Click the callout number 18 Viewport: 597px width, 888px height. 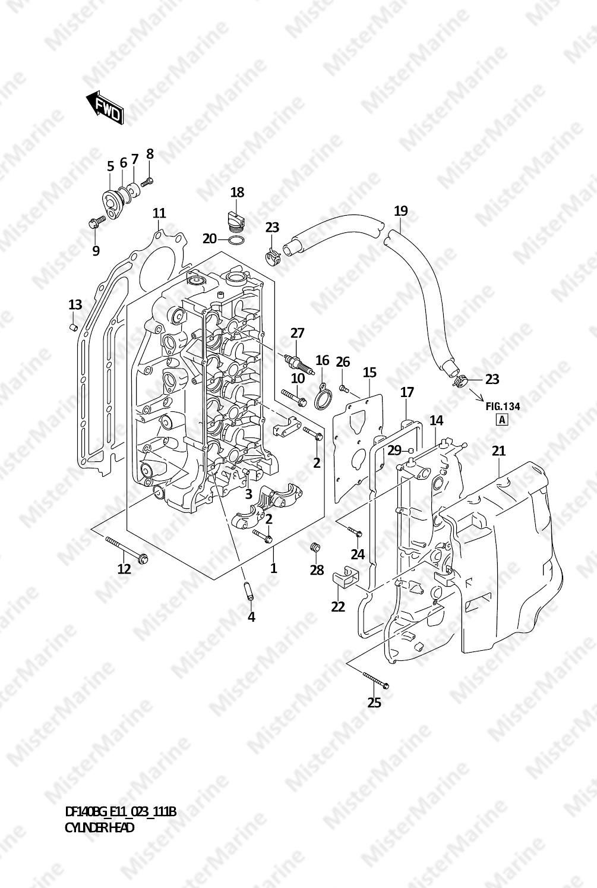[237, 193]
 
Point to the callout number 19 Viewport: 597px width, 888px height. [401, 210]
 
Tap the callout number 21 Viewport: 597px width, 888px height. [499, 451]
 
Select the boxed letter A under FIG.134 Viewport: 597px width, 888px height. [502, 420]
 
